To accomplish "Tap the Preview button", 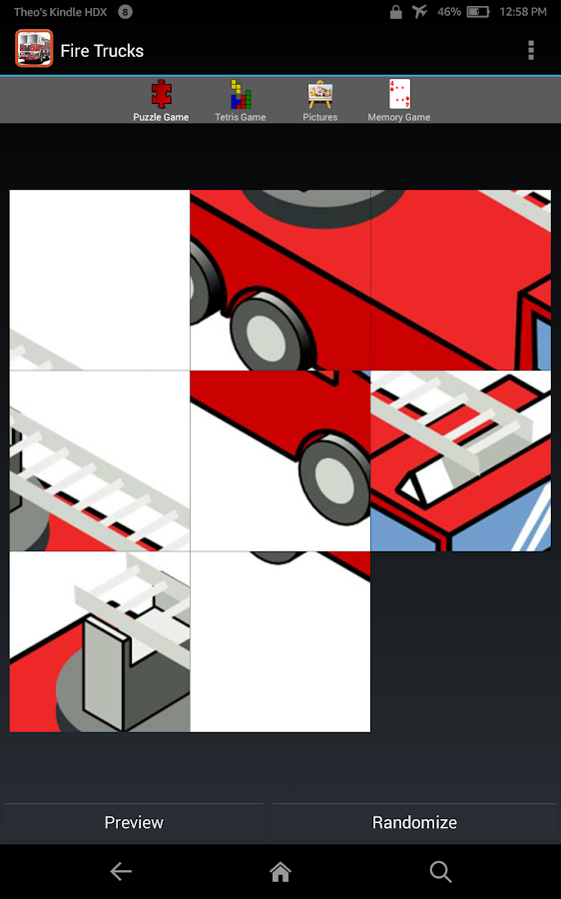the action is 134,822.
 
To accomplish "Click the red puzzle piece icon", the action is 161,94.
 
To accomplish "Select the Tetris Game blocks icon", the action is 241,94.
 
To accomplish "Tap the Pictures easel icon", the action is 319,94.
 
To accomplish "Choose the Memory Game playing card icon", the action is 399,94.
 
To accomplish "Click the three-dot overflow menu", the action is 531,51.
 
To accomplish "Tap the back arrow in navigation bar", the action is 121,871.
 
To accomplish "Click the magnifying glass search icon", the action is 440,872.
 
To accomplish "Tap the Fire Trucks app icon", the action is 34,49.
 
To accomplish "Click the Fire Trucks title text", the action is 102,51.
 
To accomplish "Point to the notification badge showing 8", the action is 125,11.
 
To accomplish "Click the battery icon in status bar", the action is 478,11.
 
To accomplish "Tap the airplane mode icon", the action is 420,11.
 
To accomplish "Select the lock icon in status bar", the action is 395,12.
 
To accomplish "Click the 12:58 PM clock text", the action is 523,12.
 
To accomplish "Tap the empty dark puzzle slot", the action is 461,641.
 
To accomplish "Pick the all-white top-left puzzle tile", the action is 100,280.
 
